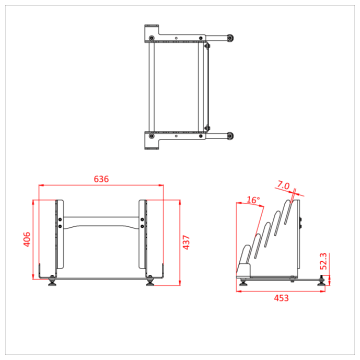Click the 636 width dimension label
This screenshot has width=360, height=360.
point(101,179)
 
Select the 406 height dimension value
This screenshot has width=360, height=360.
point(27,239)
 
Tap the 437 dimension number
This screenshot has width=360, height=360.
point(186,242)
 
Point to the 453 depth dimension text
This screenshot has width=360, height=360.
point(281,298)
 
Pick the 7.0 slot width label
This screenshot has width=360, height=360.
point(283,186)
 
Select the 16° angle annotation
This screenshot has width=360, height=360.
point(254,200)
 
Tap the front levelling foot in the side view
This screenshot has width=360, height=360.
point(243,282)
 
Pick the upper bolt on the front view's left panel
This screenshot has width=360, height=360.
point(60,219)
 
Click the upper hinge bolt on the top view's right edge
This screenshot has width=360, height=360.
point(206,46)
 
